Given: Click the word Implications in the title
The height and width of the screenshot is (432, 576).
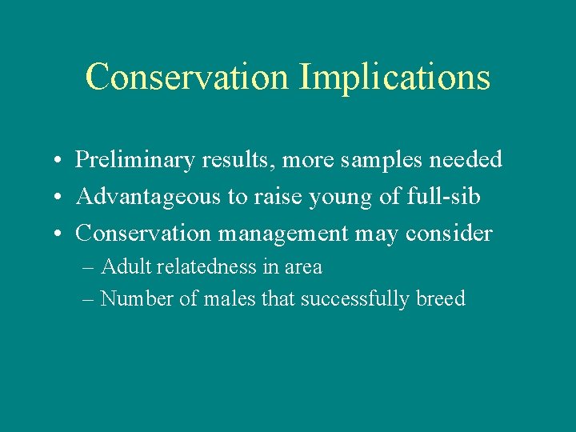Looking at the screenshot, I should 394,78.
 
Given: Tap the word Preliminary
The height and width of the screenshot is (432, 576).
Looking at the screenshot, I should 136,160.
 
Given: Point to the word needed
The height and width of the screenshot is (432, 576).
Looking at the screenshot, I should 466,160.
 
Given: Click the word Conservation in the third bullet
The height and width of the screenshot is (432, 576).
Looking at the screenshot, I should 142,234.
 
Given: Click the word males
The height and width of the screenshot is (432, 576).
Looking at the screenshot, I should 209,298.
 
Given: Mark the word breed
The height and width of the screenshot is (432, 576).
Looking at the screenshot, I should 440,298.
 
